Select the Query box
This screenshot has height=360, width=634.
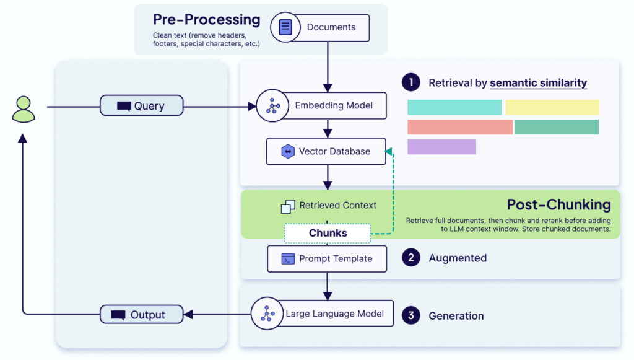[x=142, y=106]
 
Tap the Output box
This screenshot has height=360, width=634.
[x=142, y=315]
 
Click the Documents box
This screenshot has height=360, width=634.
[x=320, y=27]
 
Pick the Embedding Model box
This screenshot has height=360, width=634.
[x=322, y=105]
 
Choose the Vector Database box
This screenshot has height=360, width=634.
[x=326, y=151]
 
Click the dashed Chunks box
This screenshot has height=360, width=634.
[x=328, y=234]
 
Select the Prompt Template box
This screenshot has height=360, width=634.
[x=327, y=258]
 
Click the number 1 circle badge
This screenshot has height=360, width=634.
[x=410, y=82]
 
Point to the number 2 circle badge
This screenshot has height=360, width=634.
[x=410, y=258]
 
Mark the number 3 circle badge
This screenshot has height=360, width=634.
[x=410, y=315]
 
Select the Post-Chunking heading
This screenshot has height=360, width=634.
[x=558, y=204]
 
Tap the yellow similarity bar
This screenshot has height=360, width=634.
[x=552, y=107]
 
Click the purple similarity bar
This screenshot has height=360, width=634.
[x=441, y=147]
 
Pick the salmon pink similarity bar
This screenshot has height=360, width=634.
[x=460, y=127]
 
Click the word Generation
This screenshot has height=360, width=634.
[x=456, y=316]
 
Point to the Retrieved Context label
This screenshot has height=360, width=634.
[x=337, y=206]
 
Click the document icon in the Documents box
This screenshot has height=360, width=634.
[x=285, y=27]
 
